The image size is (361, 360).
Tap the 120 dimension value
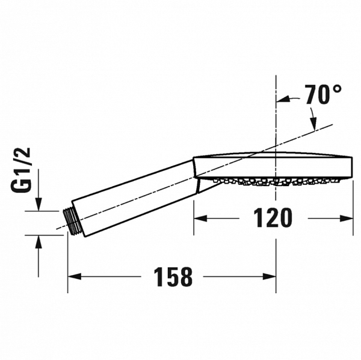click(x=273, y=218)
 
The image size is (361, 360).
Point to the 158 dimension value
click(x=172, y=277)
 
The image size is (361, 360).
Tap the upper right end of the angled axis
click(x=332, y=125)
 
